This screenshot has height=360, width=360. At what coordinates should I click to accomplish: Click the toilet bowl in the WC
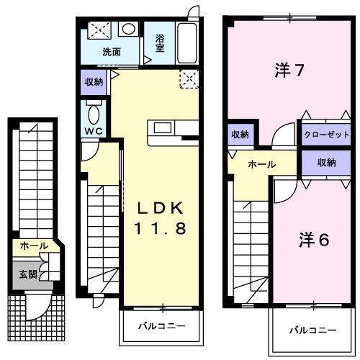pos(94,114)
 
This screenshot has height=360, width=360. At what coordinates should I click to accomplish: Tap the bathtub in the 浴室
pos(187,43)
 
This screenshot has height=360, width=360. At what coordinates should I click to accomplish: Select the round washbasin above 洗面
pos(129,29)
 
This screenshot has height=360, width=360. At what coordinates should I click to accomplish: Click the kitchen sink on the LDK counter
pos(163,127)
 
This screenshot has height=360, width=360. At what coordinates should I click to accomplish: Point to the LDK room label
pos(161,208)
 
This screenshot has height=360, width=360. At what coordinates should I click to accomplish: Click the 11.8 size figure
pos(160,228)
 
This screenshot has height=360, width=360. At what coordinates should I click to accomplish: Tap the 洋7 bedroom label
pos(289,70)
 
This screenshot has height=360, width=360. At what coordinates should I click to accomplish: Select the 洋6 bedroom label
pos(314,240)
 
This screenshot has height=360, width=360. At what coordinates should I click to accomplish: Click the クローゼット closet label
pos(326,135)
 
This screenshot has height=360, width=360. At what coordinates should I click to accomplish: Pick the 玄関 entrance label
pos(28,274)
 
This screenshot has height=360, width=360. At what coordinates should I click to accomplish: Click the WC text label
pos(94,131)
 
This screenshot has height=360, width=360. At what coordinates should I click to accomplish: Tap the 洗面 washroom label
pos(112,52)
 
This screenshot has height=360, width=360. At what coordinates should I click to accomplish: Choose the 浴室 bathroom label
pos(160,43)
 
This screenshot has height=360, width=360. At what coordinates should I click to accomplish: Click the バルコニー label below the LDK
pos(162,326)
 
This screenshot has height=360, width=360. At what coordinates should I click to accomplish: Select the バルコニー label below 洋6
pos(313,330)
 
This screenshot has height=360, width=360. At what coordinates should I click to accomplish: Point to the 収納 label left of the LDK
pos(94,82)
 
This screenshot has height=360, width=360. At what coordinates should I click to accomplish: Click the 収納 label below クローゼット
pos(326,163)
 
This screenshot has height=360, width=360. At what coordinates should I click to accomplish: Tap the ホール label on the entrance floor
pos(34,246)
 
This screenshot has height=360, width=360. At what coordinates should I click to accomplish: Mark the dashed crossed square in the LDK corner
pos(189,79)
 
